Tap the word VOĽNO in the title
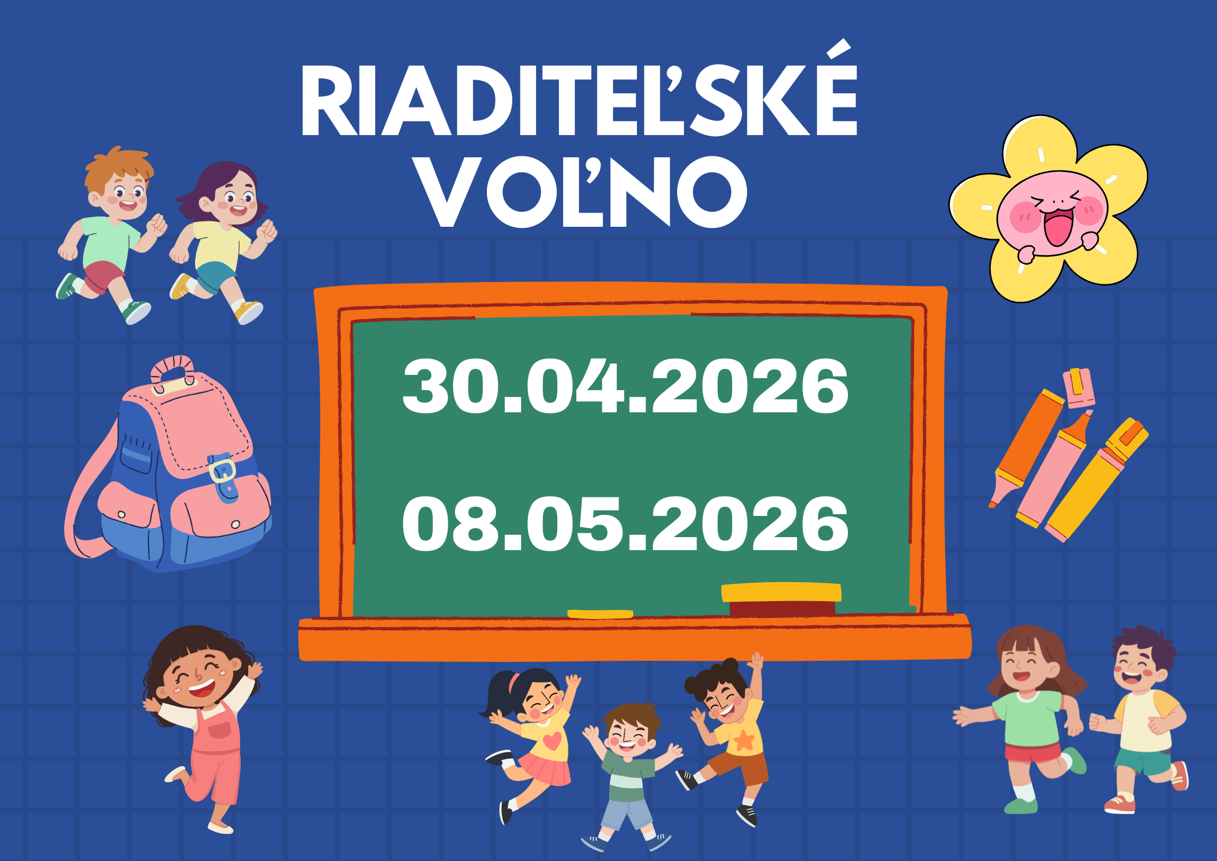tap(582, 190)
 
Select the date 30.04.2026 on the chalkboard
tap(625, 386)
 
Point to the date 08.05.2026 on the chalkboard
tap(625, 524)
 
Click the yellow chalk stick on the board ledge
tap(600, 614)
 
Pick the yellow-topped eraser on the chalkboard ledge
tap(781, 599)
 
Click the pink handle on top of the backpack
tap(173, 370)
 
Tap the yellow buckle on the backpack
tap(223, 470)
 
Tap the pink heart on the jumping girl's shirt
tap(552, 740)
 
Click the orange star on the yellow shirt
tap(744, 740)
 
